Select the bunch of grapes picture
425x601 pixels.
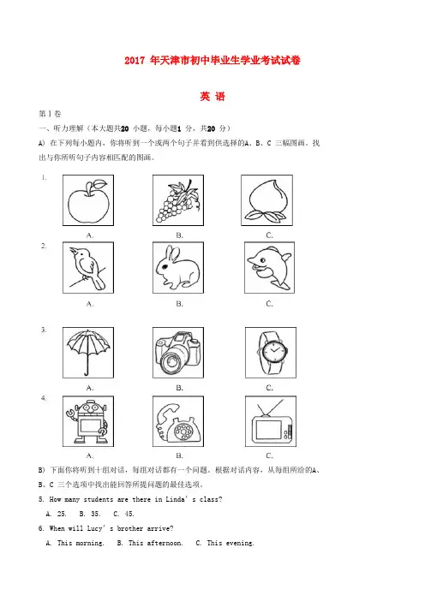177,200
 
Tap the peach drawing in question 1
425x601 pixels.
266,201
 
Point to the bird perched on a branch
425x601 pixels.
88,267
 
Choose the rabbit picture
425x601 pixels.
177,267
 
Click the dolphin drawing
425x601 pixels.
269,267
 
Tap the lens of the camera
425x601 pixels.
171,361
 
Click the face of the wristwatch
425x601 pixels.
274,351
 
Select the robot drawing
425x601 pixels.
88,421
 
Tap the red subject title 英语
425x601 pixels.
212,96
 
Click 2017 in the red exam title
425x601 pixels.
135,60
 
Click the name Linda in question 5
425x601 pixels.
176,499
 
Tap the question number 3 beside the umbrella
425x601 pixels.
44,330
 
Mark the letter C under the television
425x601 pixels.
269,455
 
